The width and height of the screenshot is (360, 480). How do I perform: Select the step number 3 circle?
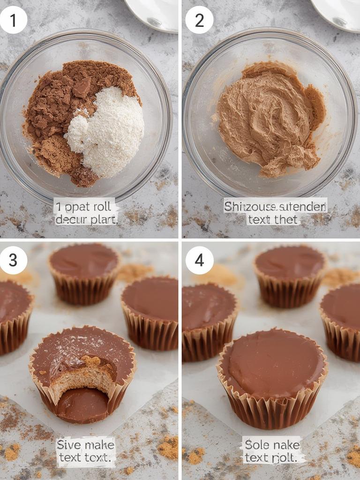point(13,260)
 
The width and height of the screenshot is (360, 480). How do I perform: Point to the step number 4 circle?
point(199,260)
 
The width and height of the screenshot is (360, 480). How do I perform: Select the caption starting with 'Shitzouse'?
point(275,212)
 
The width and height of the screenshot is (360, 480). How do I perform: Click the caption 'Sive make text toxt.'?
point(85,451)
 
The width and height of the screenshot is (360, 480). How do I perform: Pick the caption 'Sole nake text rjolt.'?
point(272,450)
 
